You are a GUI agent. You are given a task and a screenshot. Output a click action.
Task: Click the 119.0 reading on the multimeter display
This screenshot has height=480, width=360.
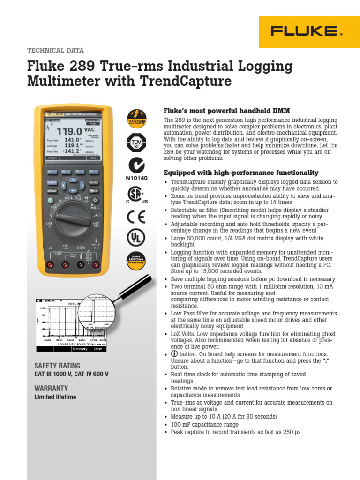pyautogui.click(x=69, y=131)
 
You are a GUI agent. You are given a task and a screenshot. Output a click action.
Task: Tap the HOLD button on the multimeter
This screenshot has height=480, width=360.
pyautogui.click(x=52, y=182)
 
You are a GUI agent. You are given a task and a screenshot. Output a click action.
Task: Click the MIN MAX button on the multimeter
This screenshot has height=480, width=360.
pyautogui.click(x=52, y=191)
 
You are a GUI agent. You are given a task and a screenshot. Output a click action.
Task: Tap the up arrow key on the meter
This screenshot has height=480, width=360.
pyautogui.click(x=73, y=180)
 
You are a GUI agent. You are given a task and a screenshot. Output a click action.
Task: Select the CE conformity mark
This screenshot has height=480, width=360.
pyautogui.click(x=136, y=217)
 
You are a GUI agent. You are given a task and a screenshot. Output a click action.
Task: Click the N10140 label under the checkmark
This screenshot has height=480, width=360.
pyautogui.click(x=136, y=178)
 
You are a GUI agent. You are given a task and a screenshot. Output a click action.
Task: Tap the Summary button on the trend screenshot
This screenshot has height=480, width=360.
pyautogui.click(x=80, y=349)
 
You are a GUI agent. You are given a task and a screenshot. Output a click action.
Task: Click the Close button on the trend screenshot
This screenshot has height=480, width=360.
pyautogui.click(x=97, y=349)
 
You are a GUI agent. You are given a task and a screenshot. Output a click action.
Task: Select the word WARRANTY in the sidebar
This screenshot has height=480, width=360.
pyautogui.click(x=51, y=388)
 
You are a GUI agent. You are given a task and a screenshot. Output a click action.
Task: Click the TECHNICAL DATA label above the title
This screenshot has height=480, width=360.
pyautogui.click(x=56, y=51)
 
